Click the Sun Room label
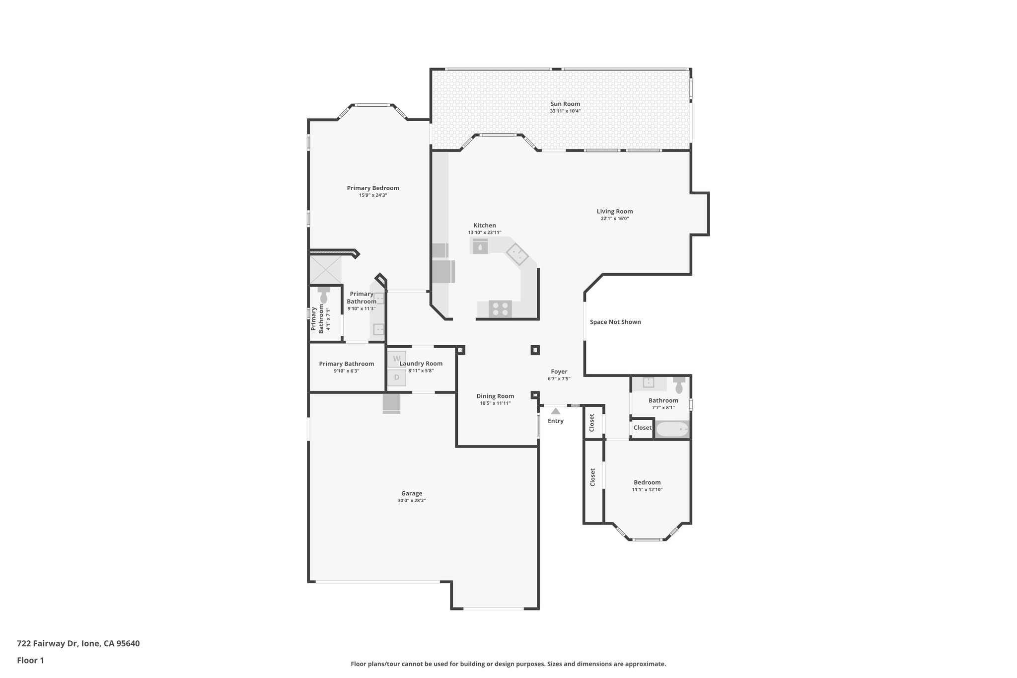pos(565,104)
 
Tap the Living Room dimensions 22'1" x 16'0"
pos(614,219)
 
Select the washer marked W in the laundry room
pos(396,359)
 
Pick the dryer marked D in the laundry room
pos(396,377)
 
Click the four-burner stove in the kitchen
pos(500,309)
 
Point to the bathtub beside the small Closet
pos(672,429)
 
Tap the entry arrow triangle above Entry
pos(556,411)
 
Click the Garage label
pos(412,493)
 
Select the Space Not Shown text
pos(615,322)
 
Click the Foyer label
pos(559,372)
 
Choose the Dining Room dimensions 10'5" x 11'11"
pos(495,403)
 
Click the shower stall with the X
pos(325,270)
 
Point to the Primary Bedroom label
pos(373,188)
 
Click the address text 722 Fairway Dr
pos(78,644)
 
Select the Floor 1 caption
pos(30,661)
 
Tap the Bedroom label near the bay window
pos(647,482)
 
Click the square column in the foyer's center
pos(535,350)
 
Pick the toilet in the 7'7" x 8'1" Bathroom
pos(679,385)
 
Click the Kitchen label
pos(484,226)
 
